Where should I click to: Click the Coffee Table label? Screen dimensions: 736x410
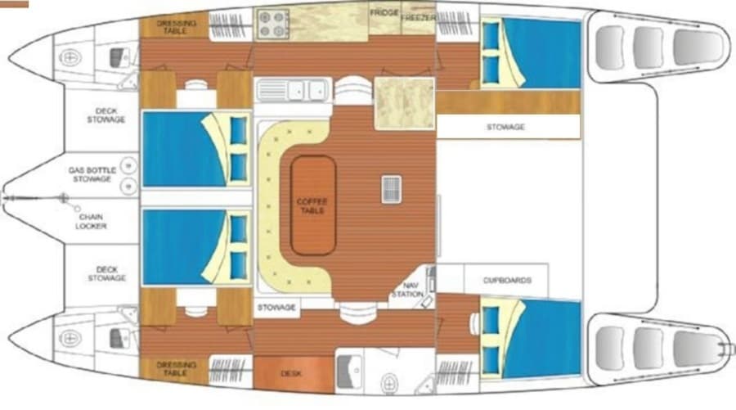click(x=312, y=205)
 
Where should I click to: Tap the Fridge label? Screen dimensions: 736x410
click(x=384, y=12)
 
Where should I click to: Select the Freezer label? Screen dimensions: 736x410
click(x=418, y=18)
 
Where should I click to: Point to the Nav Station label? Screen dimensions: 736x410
click(x=407, y=290)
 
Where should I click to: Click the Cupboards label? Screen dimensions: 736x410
click(x=507, y=281)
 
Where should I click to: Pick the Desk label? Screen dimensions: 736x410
click(x=291, y=374)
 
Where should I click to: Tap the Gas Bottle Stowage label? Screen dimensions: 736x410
click(x=92, y=174)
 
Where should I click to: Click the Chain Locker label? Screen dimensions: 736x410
click(x=91, y=222)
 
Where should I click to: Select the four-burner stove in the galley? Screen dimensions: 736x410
click(x=272, y=24)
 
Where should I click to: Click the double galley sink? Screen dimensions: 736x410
click(x=293, y=90)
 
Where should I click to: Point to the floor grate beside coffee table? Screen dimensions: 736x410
click(x=391, y=189)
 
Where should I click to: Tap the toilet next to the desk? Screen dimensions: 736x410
click(x=389, y=383)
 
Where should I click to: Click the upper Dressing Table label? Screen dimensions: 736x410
click(x=176, y=27)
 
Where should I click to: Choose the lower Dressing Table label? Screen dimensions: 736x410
click(x=176, y=368)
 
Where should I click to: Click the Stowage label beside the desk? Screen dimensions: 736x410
click(x=276, y=308)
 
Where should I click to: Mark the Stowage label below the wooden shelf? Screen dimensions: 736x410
click(x=505, y=127)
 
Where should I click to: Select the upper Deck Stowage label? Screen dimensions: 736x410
click(x=106, y=115)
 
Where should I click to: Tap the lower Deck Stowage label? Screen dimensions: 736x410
click(x=106, y=274)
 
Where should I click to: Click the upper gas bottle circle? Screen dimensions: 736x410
click(x=128, y=165)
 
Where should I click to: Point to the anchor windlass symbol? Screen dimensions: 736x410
click(x=63, y=198)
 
